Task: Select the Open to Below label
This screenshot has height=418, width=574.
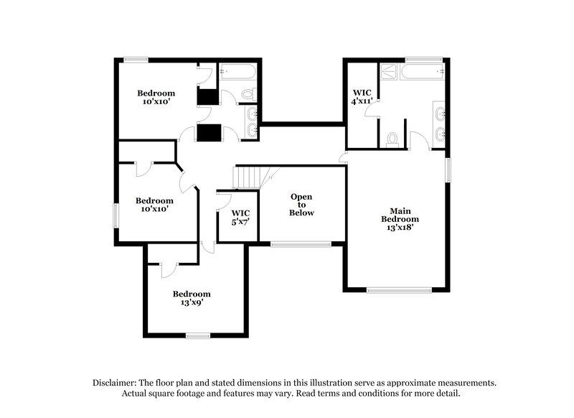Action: tap(301, 205)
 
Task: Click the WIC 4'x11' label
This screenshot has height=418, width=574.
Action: tap(361, 97)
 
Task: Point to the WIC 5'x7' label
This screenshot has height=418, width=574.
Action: tap(240, 218)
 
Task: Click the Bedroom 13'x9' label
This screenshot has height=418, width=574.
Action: tap(192, 298)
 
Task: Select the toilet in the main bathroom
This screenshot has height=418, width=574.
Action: tap(392, 139)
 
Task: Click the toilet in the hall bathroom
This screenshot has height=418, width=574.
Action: tap(247, 93)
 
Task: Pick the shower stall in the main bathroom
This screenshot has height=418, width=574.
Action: tap(388, 71)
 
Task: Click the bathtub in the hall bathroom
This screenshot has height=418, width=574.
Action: tap(237, 71)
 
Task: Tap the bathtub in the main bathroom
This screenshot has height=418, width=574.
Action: tap(423, 71)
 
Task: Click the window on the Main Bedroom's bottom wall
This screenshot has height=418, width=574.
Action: tap(399, 289)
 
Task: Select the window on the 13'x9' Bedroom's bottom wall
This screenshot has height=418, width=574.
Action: tap(197, 335)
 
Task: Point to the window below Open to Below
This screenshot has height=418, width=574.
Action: tap(301, 244)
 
